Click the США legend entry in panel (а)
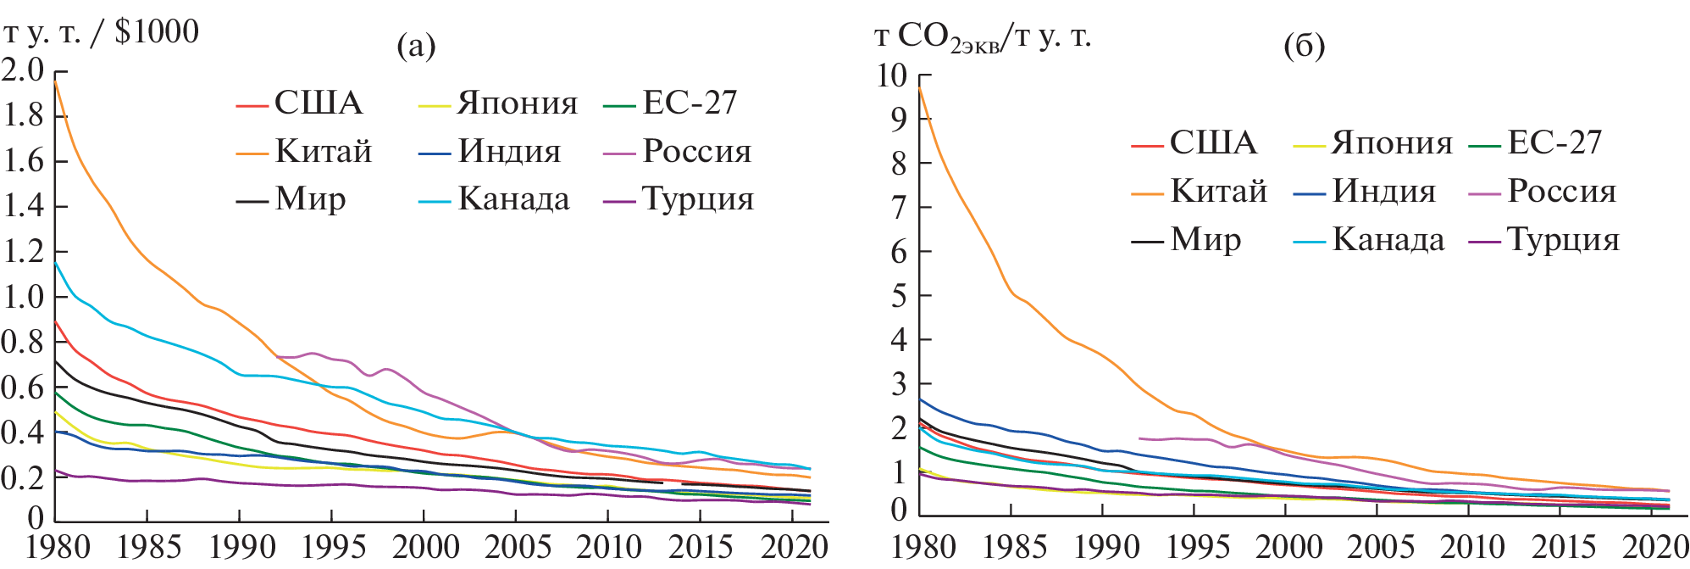pyautogui.click(x=318, y=103)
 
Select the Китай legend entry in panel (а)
pyautogui.click(x=323, y=152)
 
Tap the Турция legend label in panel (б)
pyautogui.click(x=1563, y=240)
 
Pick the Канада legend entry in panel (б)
pyautogui.click(x=1388, y=240)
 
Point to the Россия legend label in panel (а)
pyautogui.click(x=696, y=152)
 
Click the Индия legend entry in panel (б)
pyautogui.click(x=1383, y=192)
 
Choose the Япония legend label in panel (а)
pyautogui.click(x=517, y=103)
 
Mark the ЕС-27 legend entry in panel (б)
pyautogui.click(x=1554, y=143)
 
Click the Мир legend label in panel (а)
pyautogui.click(x=310, y=200)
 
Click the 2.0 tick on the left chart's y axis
pyautogui.click(x=23, y=70)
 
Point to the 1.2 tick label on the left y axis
pyautogui.click(x=23, y=252)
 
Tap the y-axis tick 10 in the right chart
pyautogui.click(x=891, y=75)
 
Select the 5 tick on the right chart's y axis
pyautogui.click(x=899, y=296)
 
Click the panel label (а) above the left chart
pyautogui.click(x=416, y=46)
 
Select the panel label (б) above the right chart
pyautogui.click(x=1304, y=46)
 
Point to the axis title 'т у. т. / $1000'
pyautogui.click(x=102, y=32)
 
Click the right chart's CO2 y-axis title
pyautogui.click(x=983, y=37)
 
